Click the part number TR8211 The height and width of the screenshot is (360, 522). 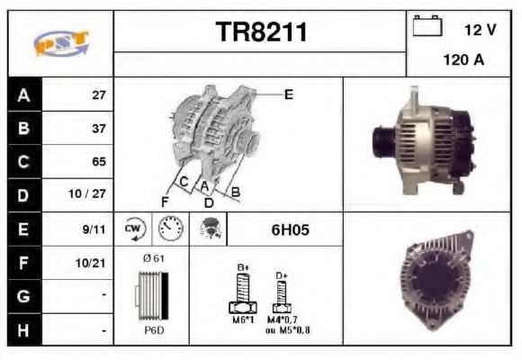(x=261, y=32)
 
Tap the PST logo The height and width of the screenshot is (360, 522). (x=60, y=44)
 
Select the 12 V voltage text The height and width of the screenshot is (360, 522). (x=480, y=31)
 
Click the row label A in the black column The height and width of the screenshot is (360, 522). (x=22, y=94)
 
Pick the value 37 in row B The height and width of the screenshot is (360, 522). (x=98, y=128)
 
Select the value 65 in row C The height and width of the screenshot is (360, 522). (x=98, y=162)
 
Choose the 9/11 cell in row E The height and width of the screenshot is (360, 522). (x=94, y=229)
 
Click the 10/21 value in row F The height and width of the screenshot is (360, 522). (x=94, y=263)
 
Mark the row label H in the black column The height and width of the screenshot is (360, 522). (x=22, y=330)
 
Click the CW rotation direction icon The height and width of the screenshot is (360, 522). (x=133, y=229)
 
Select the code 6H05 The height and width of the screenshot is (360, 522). (x=290, y=229)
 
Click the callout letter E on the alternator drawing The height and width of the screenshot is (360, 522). (x=288, y=94)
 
